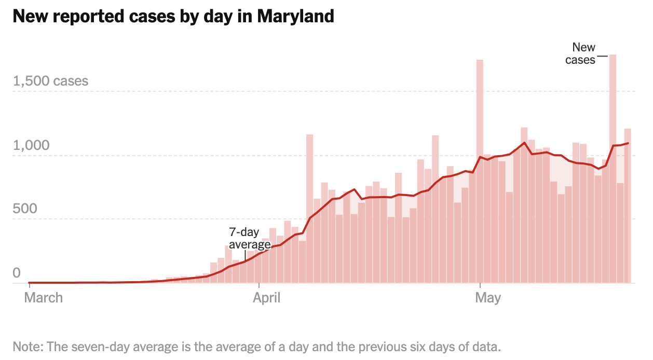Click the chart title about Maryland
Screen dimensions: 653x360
tap(173, 16)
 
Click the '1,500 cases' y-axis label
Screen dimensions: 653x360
tap(50, 81)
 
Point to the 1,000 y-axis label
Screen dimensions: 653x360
tap(31, 145)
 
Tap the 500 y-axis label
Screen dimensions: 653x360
tap(25, 209)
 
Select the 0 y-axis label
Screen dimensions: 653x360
tap(17, 273)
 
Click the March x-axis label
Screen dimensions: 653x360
tap(44, 298)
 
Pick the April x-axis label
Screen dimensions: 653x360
tap(266, 298)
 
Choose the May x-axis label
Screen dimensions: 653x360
tap(488, 298)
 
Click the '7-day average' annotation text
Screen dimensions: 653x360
tap(250, 238)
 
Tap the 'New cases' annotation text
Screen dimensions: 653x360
tap(580, 53)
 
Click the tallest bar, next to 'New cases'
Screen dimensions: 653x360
tap(613, 169)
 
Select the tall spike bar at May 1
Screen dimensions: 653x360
tap(480, 171)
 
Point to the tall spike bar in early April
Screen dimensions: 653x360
tap(309, 209)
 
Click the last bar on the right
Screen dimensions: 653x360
tap(628, 205)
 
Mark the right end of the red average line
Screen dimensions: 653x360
tap(628, 143)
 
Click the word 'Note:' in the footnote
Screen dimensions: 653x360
tap(28, 347)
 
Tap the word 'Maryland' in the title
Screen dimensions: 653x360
tap(295, 16)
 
